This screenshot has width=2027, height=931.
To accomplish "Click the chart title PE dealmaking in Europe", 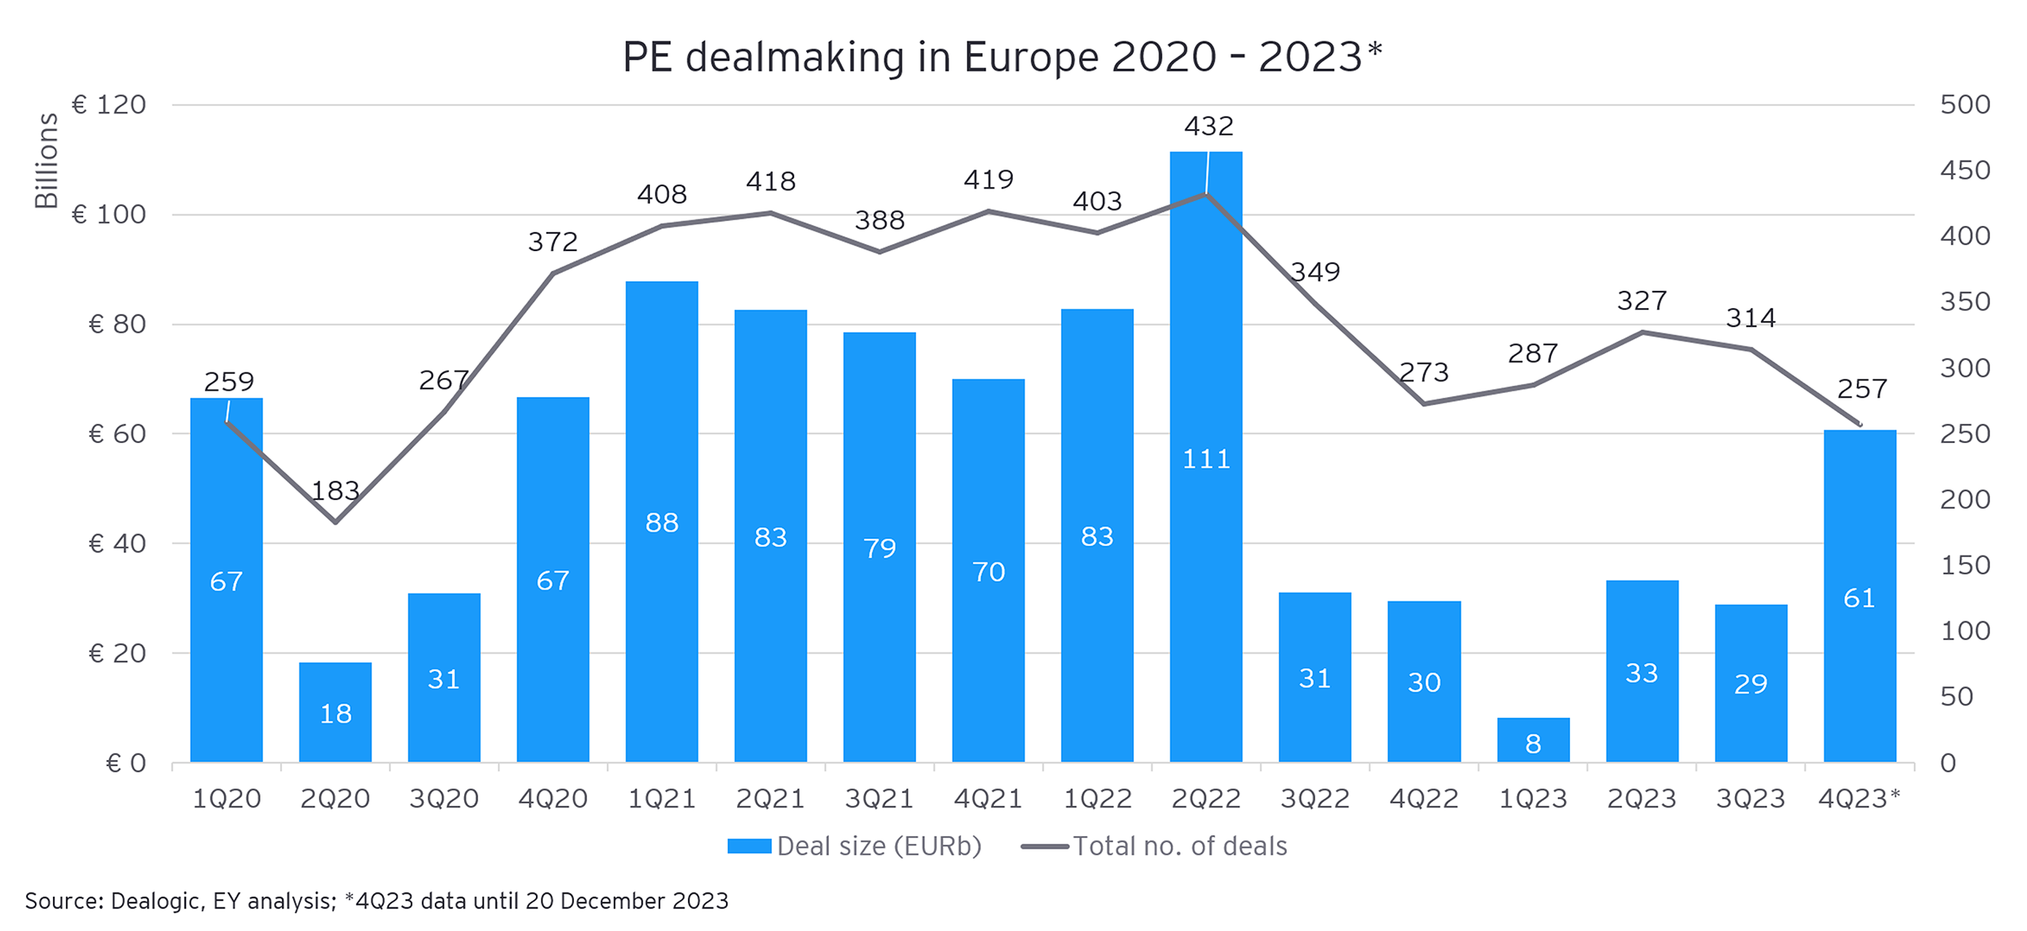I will point(1002,57).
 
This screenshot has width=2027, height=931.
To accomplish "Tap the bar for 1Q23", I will point(1532,740).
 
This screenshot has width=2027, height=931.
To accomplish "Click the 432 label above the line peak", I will point(1208,126).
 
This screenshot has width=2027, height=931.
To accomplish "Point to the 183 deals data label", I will point(335,491).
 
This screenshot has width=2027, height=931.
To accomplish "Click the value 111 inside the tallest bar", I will point(1205,460).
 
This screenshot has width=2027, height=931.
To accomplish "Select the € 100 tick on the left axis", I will point(109,215).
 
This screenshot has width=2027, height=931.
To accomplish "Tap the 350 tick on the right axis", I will point(1964,302).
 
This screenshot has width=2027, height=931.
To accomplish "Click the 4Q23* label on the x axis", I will point(1858,799).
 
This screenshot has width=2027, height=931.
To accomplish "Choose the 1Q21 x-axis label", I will point(661,799).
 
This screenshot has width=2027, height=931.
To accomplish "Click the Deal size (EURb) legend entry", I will point(854,846).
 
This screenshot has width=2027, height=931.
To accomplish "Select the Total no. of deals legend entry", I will point(1154,846).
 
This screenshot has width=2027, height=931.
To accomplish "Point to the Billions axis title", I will point(46,160).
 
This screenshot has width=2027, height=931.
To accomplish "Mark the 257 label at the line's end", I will point(1862,389).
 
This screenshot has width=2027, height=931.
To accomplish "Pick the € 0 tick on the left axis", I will point(126,763).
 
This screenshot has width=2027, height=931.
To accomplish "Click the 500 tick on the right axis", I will point(1964,105).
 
